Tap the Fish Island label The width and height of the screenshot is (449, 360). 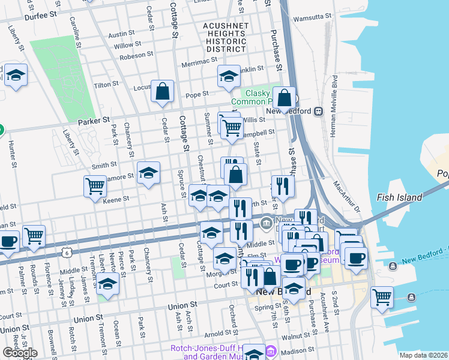[399, 197]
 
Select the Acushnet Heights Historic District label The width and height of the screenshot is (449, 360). [225, 37]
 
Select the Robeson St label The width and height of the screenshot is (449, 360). [136, 55]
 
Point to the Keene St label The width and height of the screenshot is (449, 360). [118, 199]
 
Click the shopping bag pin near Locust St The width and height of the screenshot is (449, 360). [162, 92]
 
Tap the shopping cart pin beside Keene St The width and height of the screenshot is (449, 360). [95, 187]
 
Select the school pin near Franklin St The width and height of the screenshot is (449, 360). [228, 76]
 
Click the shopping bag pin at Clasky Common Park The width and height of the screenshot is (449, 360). [285, 97]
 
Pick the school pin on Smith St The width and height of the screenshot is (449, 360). [148, 173]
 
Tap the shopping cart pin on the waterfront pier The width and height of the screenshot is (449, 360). [382, 296]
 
